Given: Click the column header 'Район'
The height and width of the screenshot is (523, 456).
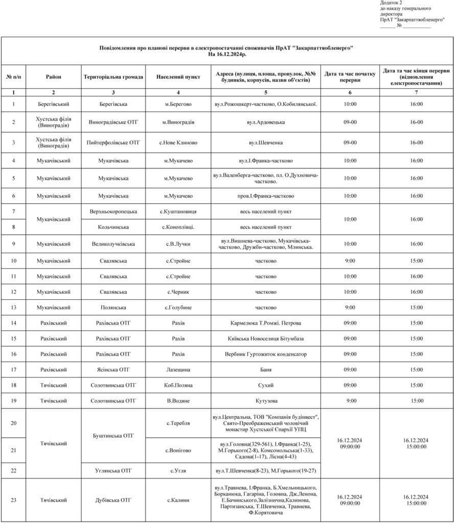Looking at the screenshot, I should (53, 77).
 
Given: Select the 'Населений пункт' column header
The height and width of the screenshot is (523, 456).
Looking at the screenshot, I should (178, 77).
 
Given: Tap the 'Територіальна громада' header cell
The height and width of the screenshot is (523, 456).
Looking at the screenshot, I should (113, 77).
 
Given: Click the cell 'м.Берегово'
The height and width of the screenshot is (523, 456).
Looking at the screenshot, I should (178, 104).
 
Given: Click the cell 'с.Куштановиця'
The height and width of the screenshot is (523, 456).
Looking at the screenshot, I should (178, 211).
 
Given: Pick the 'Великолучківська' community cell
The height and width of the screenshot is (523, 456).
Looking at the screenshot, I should (113, 244).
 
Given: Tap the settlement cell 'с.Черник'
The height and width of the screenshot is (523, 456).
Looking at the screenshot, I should (178, 292).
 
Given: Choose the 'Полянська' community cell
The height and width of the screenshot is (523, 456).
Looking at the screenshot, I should (113, 307).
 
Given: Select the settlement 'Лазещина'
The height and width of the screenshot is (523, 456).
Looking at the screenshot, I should (178, 369).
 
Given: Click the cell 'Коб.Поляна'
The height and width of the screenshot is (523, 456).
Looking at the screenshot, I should (178, 385).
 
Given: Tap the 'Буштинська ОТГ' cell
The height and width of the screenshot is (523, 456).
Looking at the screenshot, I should (113, 436).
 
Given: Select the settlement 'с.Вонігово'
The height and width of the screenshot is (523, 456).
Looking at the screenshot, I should (178, 450).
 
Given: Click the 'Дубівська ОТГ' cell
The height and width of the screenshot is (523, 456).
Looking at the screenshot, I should (113, 500).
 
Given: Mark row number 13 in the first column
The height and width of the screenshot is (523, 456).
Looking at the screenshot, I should (14, 307).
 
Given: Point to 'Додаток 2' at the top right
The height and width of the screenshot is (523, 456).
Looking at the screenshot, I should (391, 3).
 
